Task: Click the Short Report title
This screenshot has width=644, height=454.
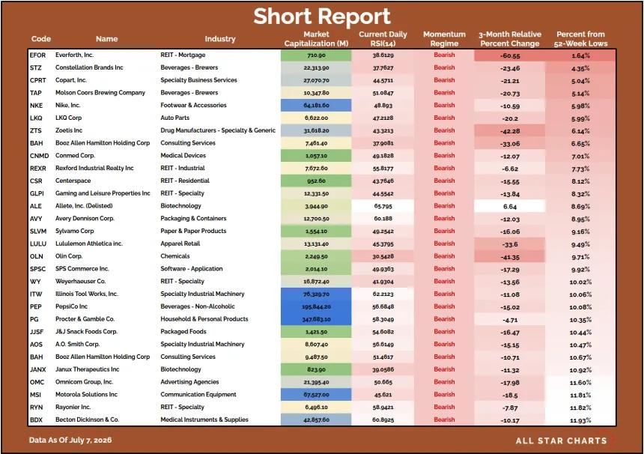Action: pyautogui.click(x=321, y=16)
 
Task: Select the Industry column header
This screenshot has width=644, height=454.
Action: pyautogui.click(x=220, y=39)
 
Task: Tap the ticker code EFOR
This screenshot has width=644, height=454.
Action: pyautogui.click(x=37, y=55)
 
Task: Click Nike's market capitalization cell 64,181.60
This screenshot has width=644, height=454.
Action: pyautogui.click(x=316, y=106)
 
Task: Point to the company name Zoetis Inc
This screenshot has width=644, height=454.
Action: pyautogui.click(x=69, y=130)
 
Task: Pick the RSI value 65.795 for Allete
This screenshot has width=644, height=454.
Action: pyautogui.click(x=383, y=206)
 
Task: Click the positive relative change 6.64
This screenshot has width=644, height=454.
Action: pyautogui.click(x=510, y=207)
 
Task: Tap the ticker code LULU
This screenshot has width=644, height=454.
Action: pyautogui.click(x=38, y=243)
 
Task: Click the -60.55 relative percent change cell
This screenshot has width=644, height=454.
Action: pyautogui.click(x=510, y=55)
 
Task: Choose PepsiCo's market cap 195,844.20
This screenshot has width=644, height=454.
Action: pyautogui.click(x=316, y=307)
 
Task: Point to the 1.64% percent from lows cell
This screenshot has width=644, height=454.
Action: pyautogui.click(x=581, y=55)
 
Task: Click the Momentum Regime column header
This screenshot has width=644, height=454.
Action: pyautogui.click(x=444, y=39)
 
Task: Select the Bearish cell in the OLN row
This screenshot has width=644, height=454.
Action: pyautogui.click(x=444, y=256)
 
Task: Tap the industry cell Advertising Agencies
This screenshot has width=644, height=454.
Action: pyautogui.click(x=189, y=382)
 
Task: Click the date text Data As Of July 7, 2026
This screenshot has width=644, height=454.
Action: pyautogui.click(x=70, y=440)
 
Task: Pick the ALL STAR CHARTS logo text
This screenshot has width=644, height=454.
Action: pyautogui.click(x=562, y=441)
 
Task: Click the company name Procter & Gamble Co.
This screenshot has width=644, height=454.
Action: pyautogui.click(x=85, y=319)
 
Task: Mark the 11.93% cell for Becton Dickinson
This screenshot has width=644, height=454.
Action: pyautogui.click(x=580, y=420)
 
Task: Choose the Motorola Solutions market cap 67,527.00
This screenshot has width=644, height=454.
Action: pyautogui.click(x=316, y=395)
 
